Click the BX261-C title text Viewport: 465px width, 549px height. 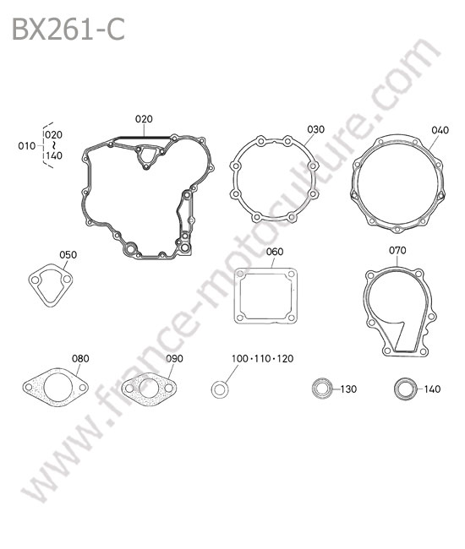click(x=68, y=30)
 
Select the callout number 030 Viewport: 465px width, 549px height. click(x=315, y=129)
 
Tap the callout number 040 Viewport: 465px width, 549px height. click(x=440, y=130)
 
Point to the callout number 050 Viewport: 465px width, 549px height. click(x=68, y=254)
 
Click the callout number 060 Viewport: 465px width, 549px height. click(x=275, y=252)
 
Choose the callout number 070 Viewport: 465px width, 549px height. click(x=397, y=250)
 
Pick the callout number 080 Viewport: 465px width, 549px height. click(x=80, y=358)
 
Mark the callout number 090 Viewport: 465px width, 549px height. click(x=174, y=358)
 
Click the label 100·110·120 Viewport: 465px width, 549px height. click(x=262, y=358)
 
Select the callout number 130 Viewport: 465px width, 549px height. click(x=348, y=389)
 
